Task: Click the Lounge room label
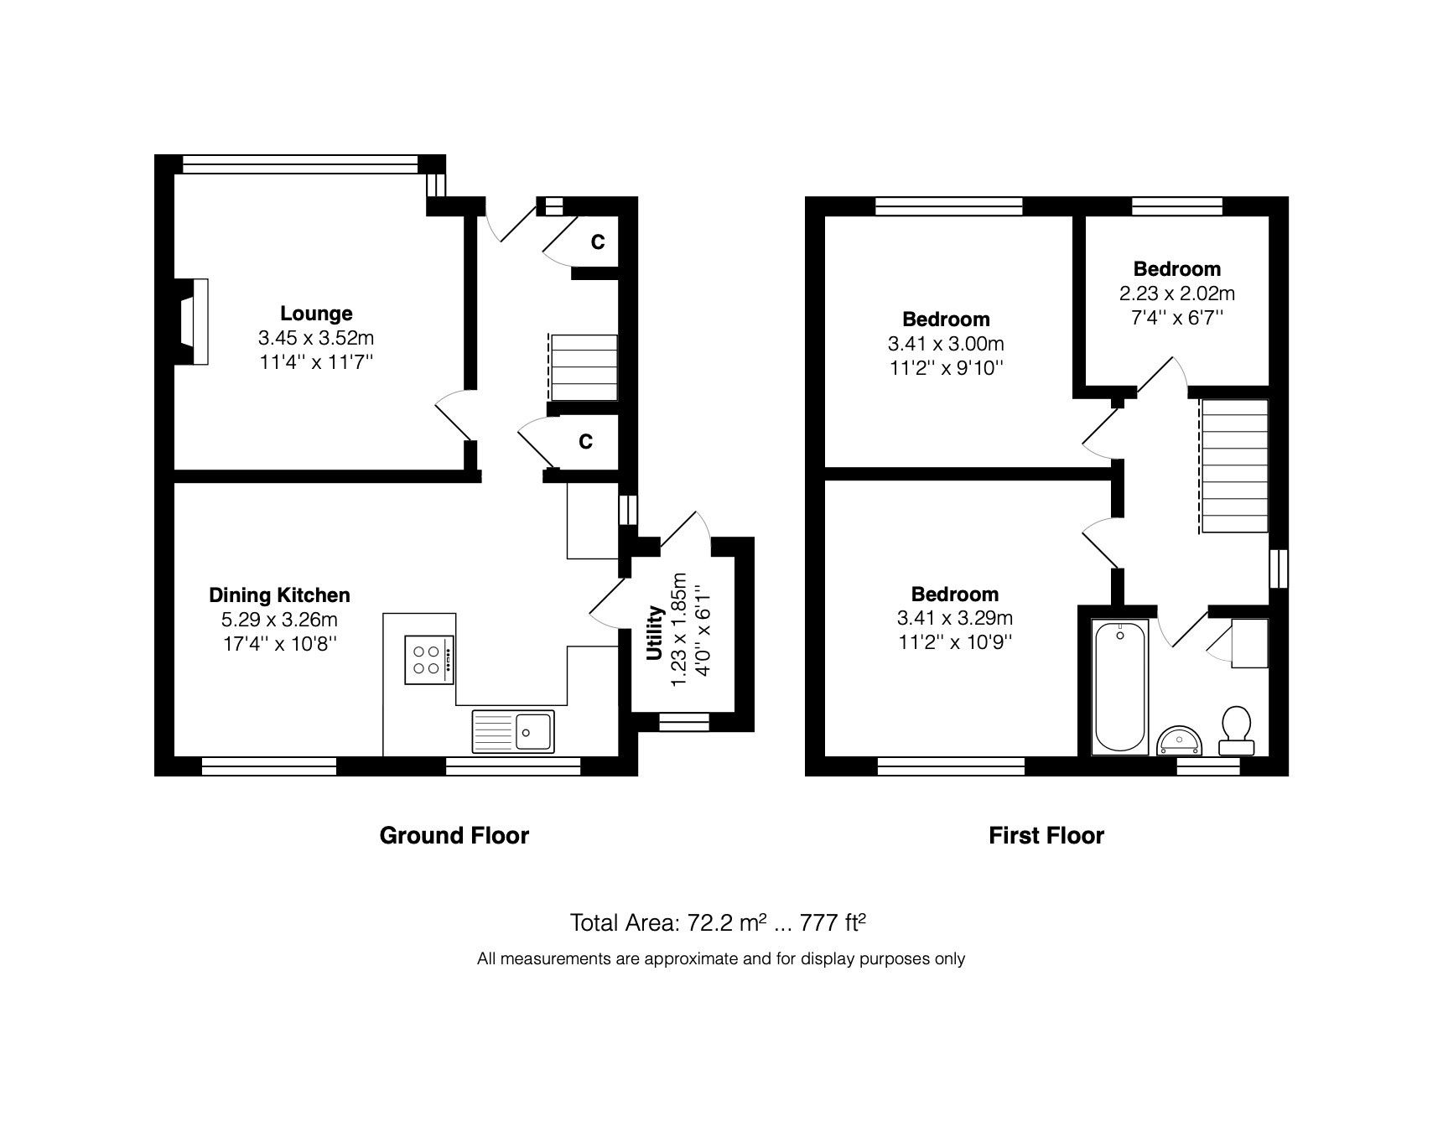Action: click(x=316, y=314)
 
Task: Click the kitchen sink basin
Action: click(x=533, y=730)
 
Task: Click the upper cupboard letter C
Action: click(x=597, y=242)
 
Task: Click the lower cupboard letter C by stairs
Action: click(x=585, y=441)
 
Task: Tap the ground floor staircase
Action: click(x=583, y=368)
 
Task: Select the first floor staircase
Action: click(x=1234, y=465)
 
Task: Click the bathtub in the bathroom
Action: click(x=1120, y=686)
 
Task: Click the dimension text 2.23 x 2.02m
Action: click(x=1176, y=293)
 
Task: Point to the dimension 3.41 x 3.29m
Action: click(x=954, y=619)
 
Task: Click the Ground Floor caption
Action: click(x=454, y=835)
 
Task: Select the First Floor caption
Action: click(x=1046, y=835)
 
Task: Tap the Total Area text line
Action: click(x=717, y=923)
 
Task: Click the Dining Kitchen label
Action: click(x=279, y=595)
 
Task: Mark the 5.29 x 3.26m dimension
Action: click(x=279, y=620)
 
